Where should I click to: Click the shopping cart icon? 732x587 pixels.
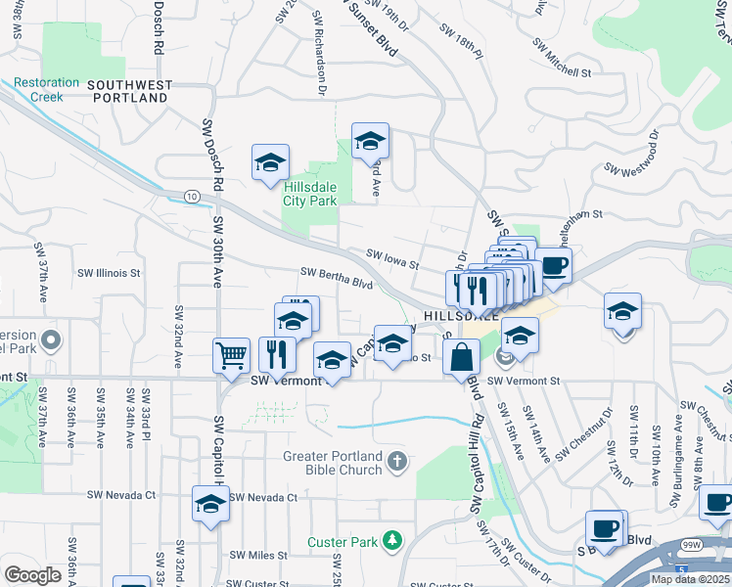click(x=231, y=356)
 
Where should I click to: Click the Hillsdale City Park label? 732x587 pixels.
click(x=310, y=194)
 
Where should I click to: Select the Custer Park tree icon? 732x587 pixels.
click(x=391, y=540)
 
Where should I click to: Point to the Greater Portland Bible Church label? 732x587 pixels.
click(x=334, y=461)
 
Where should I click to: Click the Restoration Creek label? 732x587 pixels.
click(x=38, y=90)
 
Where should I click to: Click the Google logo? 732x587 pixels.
click(x=33, y=575)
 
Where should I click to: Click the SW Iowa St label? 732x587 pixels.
click(x=392, y=259)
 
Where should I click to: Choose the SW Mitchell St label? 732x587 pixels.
click(x=562, y=59)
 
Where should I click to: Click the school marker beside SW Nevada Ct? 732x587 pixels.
click(x=209, y=505)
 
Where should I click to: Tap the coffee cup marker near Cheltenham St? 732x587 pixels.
click(x=553, y=264)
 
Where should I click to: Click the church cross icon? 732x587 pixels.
click(x=396, y=460)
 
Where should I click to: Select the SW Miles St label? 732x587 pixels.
click(x=254, y=555)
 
